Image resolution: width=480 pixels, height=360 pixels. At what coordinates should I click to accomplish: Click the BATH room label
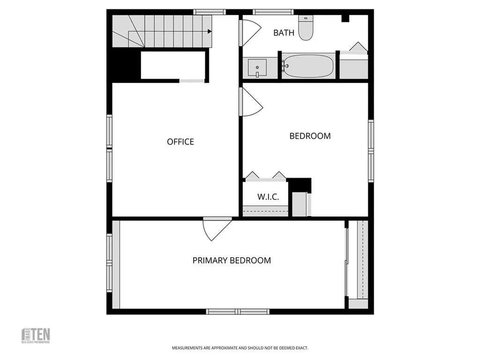click(x=284, y=33)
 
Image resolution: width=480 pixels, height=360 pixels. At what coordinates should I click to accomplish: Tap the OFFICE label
click(x=180, y=142)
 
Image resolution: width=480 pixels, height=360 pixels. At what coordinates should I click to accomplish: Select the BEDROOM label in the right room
click(x=310, y=136)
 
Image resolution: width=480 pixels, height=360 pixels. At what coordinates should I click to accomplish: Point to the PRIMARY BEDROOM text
click(x=232, y=260)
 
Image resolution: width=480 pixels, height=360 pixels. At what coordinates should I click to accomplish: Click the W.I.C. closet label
click(x=268, y=197)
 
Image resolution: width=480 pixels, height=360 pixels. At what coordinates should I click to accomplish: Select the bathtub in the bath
click(x=308, y=66)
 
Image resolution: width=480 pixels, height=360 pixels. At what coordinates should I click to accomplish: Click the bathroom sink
click(x=257, y=67)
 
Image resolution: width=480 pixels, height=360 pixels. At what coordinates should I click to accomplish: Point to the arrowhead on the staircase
click(x=210, y=31)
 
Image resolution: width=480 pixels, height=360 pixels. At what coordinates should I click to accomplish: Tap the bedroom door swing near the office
click(x=251, y=102)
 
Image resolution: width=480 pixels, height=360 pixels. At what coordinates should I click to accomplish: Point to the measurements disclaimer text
click(x=240, y=348)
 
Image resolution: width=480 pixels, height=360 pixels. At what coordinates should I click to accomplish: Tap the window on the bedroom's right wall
click(x=371, y=150)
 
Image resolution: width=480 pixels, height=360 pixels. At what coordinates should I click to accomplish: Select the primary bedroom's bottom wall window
click(x=238, y=311)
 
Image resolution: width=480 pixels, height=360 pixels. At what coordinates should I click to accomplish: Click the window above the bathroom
click(x=273, y=12)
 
